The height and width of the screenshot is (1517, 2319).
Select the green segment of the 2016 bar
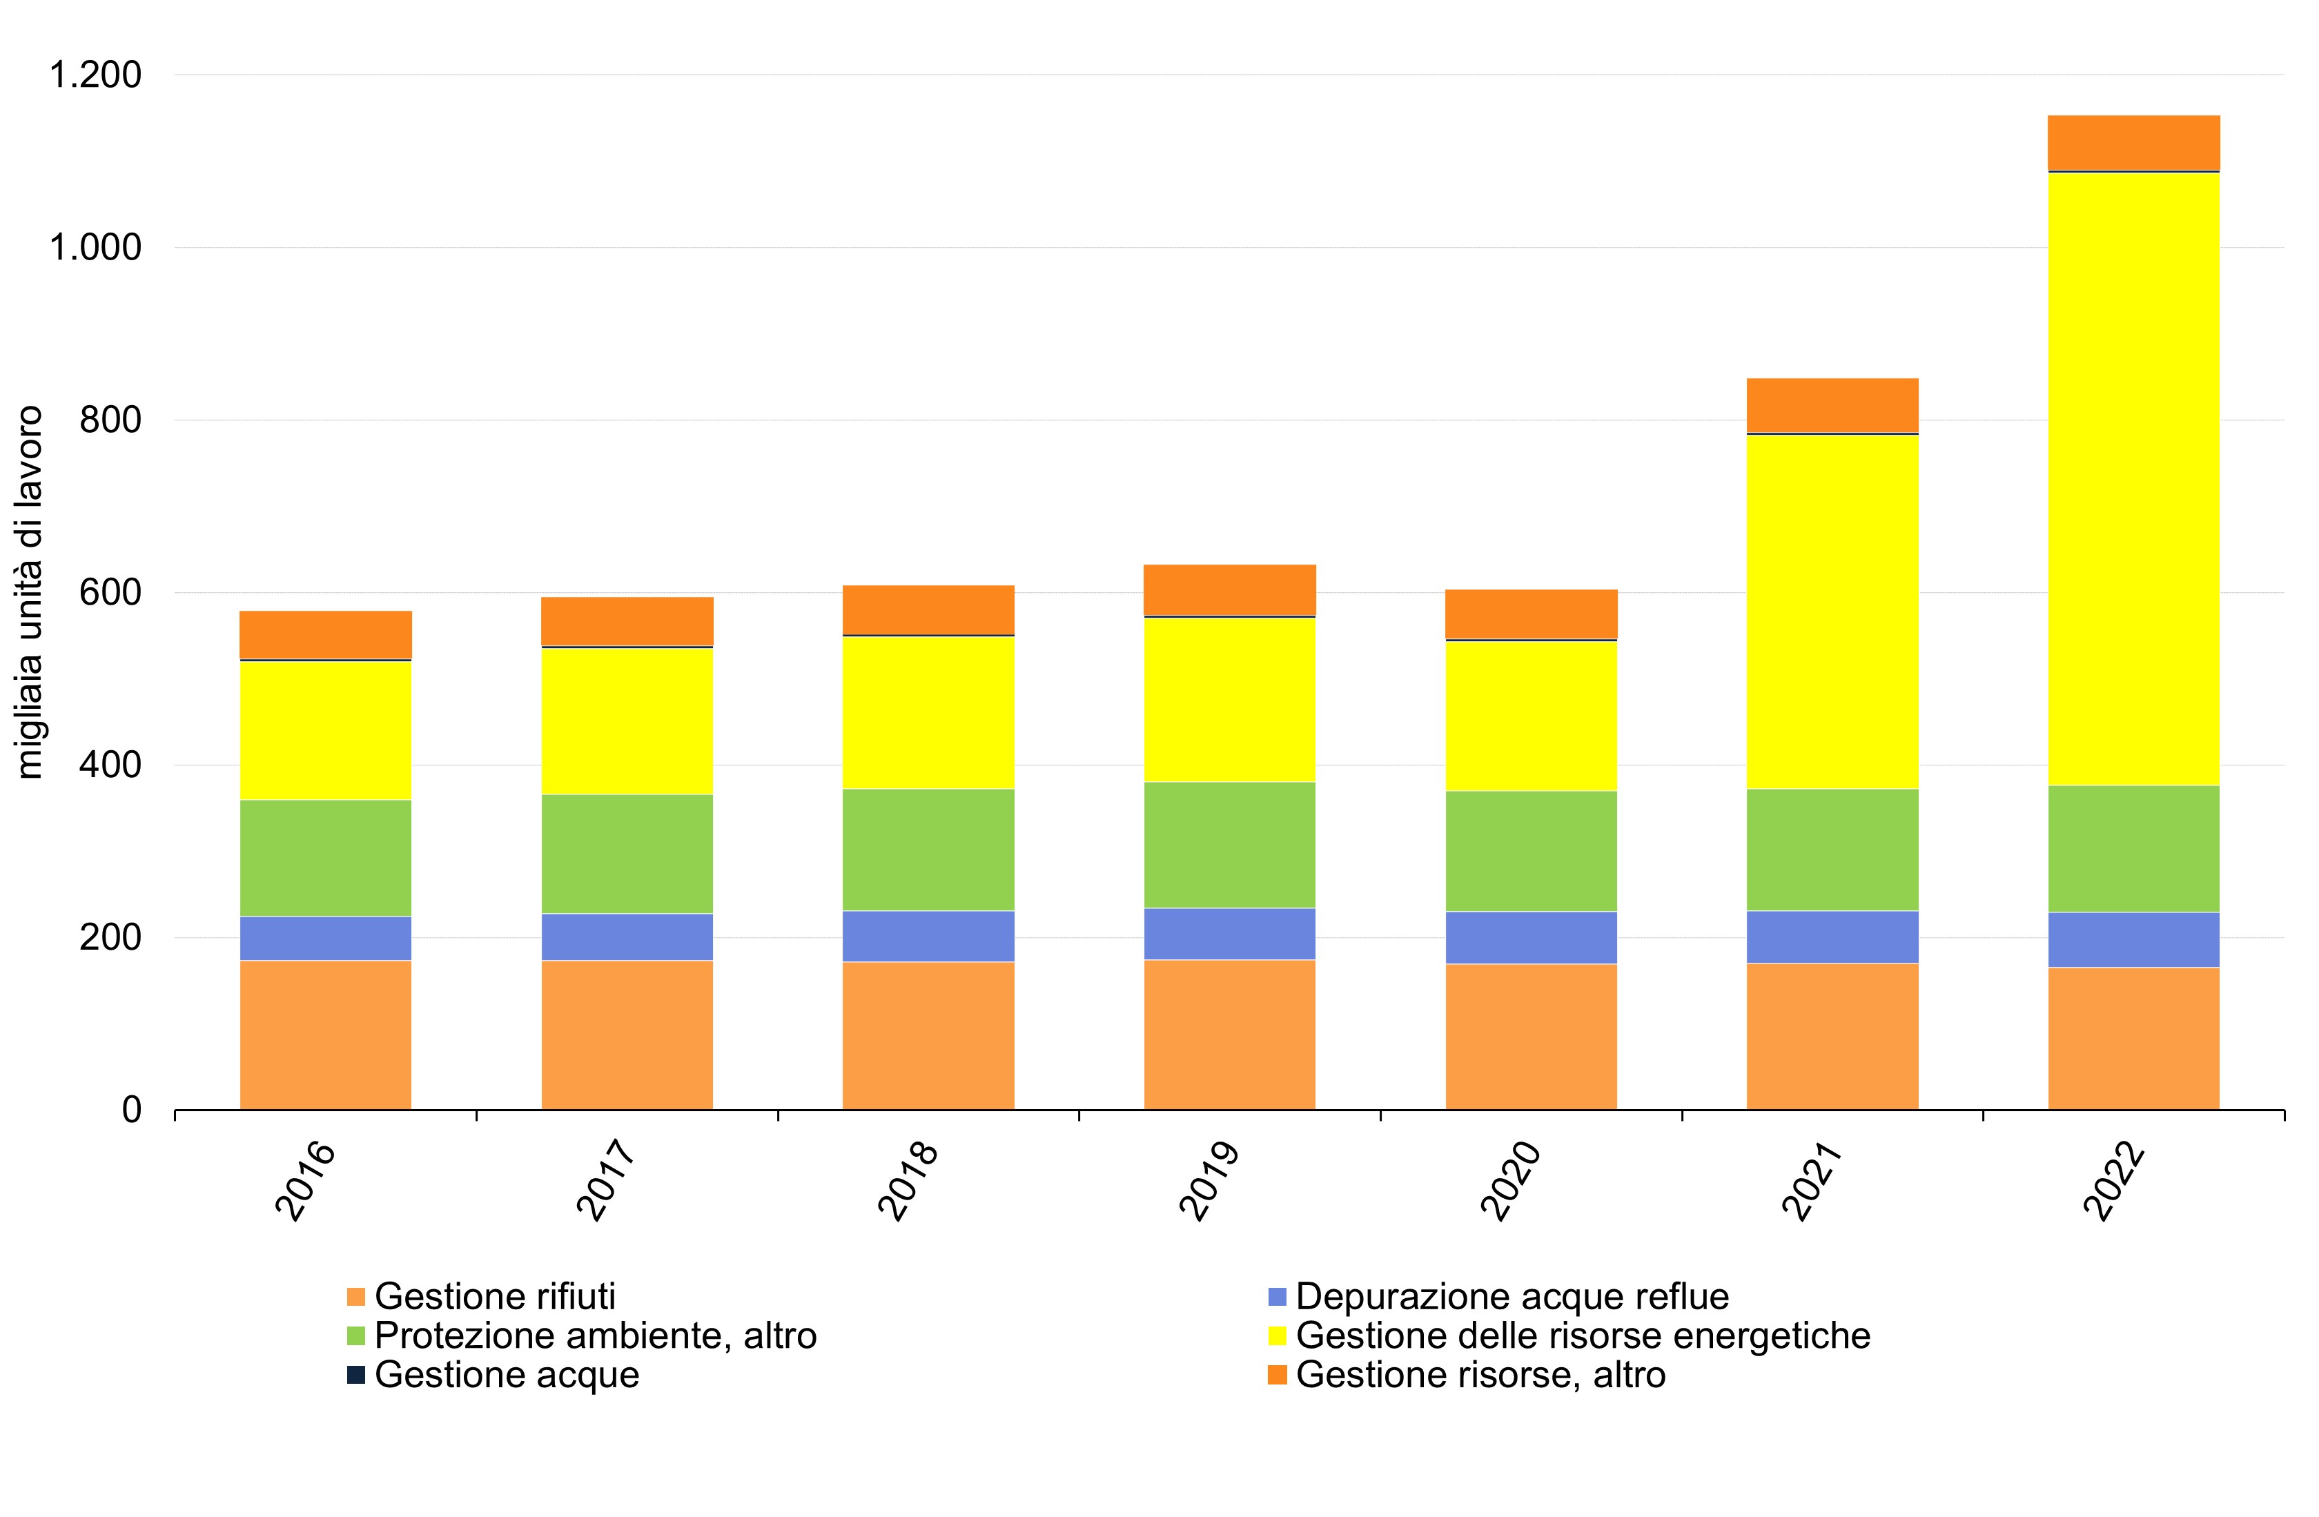point(326,857)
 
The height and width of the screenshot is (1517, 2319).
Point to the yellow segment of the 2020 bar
point(1531,715)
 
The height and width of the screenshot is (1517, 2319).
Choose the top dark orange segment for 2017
point(627,620)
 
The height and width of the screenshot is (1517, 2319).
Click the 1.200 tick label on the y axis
point(95,75)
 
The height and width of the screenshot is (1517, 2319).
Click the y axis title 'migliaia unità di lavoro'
point(30,592)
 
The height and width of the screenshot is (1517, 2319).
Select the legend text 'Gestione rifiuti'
point(495,1297)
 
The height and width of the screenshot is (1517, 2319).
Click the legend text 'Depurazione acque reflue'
point(1512,1297)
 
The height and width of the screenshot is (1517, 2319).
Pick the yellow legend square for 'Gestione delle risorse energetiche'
point(1278,1335)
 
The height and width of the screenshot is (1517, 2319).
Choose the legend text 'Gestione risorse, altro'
point(1480,1375)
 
